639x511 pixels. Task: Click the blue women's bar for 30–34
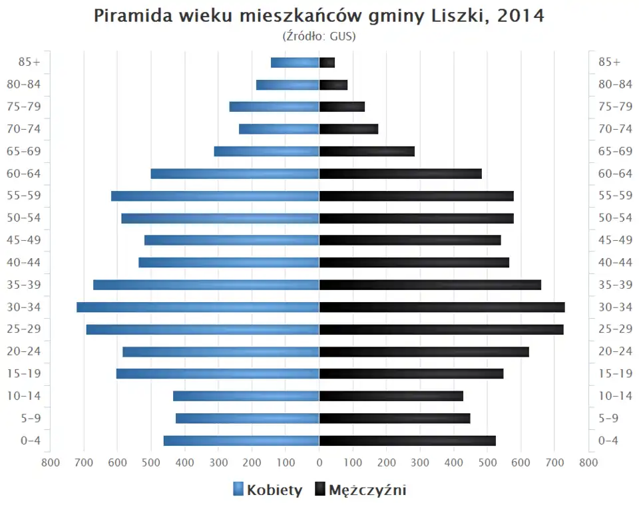(x=198, y=307)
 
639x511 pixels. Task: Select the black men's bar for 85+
(x=327, y=63)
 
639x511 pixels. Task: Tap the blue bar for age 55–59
(x=215, y=196)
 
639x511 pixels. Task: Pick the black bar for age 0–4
(x=407, y=440)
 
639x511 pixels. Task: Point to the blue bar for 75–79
(x=274, y=107)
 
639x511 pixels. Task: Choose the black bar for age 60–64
(x=400, y=174)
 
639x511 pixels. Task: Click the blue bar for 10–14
(x=246, y=396)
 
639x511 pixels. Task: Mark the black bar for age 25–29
(x=441, y=329)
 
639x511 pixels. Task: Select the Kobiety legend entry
(x=268, y=490)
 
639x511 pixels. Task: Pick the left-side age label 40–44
(x=24, y=263)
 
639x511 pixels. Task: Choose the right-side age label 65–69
(x=615, y=152)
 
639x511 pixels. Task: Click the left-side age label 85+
(x=31, y=63)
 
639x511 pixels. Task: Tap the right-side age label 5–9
(x=609, y=419)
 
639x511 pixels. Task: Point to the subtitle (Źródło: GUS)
(x=319, y=36)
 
